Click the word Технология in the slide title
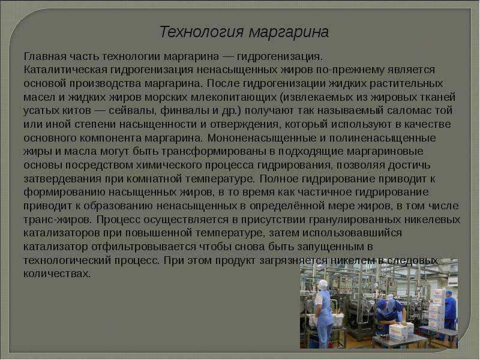click(x=202, y=32)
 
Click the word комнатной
click(x=152, y=179)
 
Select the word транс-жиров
click(x=57, y=220)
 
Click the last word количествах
click(x=57, y=274)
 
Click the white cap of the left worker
click(x=322, y=284)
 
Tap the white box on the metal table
click(x=397, y=332)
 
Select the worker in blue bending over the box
click(x=391, y=316)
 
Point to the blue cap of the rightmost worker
click(x=448, y=292)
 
